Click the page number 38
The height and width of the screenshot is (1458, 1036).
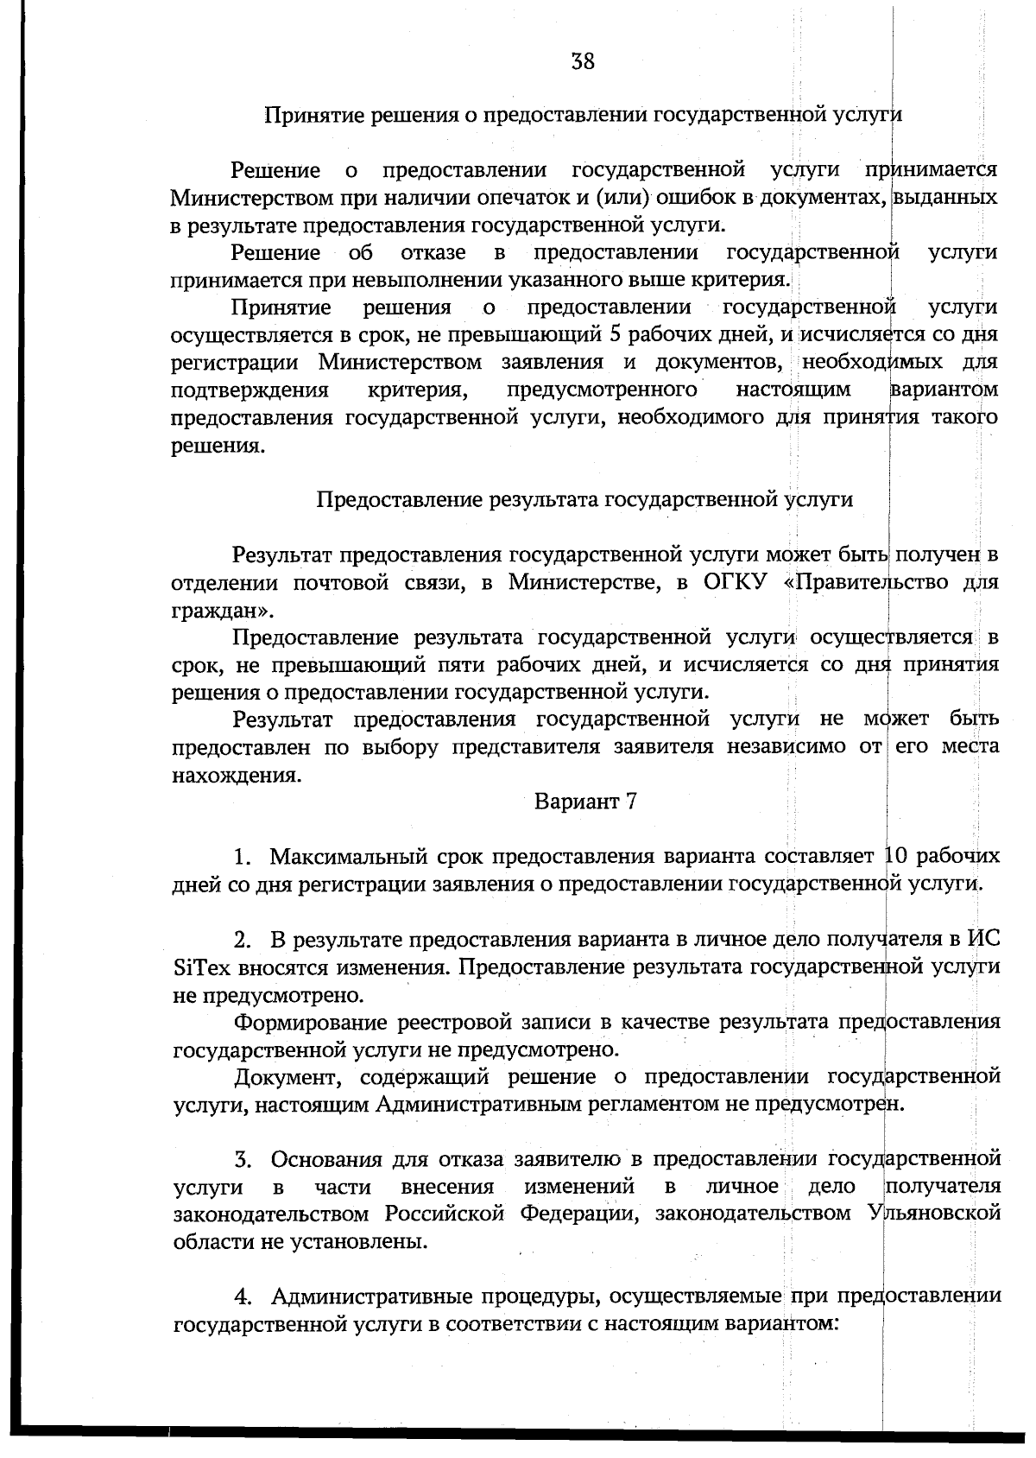[583, 61]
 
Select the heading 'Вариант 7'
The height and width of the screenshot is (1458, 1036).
[585, 801]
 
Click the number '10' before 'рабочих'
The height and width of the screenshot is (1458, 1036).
[895, 856]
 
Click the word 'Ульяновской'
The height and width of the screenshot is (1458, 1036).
[932, 1214]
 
